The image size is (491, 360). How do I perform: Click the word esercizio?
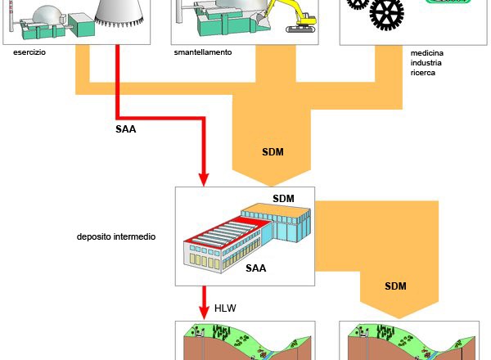(x=29, y=52)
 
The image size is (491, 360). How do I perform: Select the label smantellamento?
(x=203, y=52)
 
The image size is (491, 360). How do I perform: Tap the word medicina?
(x=428, y=52)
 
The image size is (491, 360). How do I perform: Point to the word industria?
(x=428, y=62)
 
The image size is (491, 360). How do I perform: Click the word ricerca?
(x=425, y=73)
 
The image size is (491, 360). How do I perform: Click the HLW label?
(x=225, y=308)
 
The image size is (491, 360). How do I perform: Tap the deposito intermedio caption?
(x=116, y=236)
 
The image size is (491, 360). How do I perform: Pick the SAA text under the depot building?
(x=256, y=268)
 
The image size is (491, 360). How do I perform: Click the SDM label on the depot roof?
(x=283, y=199)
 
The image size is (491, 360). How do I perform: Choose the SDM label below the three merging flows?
(x=273, y=152)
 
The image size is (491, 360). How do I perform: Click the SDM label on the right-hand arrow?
(x=396, y=286)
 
